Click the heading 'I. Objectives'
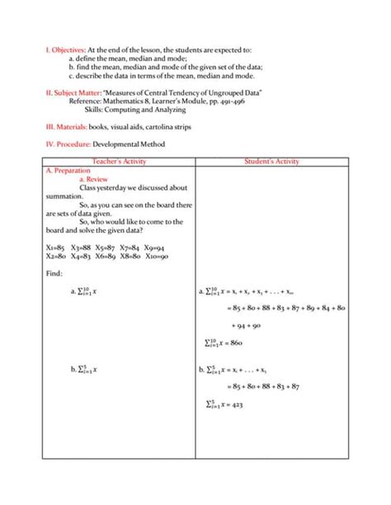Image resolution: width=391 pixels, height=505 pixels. click(x=64, y=51)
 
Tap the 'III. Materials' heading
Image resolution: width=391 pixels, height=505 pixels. click(x=68, y=127)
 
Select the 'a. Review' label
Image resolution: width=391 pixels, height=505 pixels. click(x=93, y=178)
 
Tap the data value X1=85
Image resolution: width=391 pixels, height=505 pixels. click(x=55, y=247)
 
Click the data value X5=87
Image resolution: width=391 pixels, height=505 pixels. click(x=105, y=247)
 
